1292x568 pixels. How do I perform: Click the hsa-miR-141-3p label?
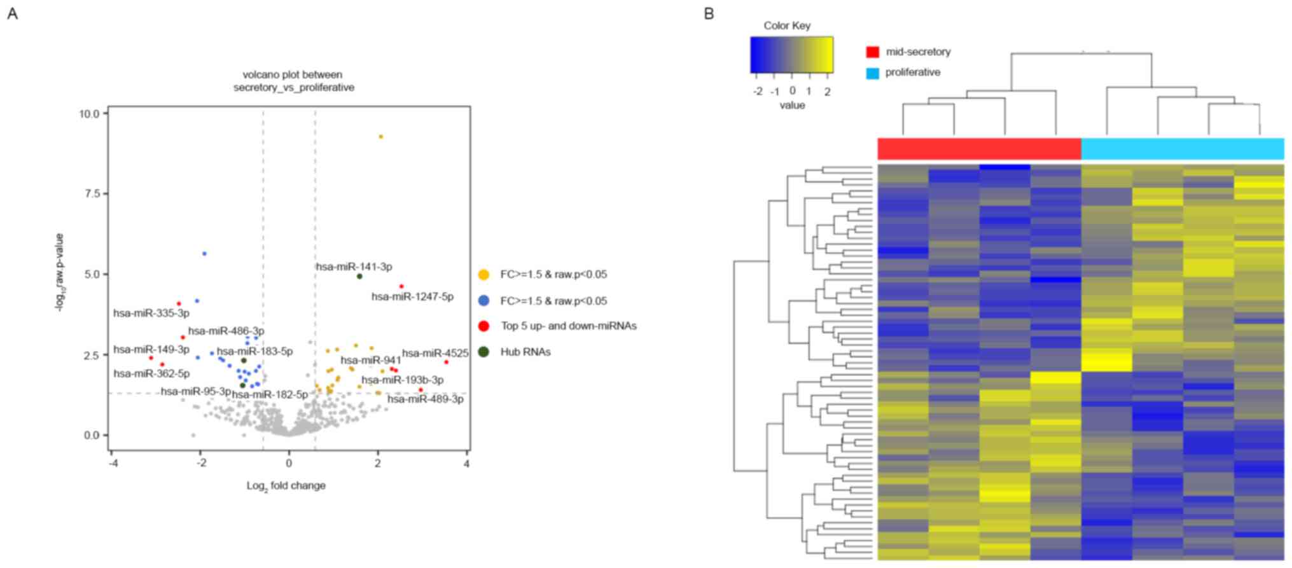click(354, 267)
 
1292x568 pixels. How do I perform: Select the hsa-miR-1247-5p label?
click(412, 297)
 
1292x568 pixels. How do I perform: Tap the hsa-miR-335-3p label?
click(151, 314)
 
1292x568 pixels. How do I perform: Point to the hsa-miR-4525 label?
click(435, 354)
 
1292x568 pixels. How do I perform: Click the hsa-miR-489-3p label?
click(426, 399)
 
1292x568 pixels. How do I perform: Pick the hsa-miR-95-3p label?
click(195, 392)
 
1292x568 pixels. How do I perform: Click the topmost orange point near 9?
click(381, 137)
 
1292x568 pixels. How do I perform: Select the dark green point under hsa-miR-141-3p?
click(359, 277)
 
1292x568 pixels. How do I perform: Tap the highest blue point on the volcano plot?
click(204, 254)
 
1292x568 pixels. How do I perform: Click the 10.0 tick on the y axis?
click(89, 114)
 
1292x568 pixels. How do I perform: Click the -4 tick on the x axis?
click(112, 464)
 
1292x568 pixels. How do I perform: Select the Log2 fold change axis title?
click(286, 486)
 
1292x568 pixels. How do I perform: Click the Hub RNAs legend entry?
click(525, 352)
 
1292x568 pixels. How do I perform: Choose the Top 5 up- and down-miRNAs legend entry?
click(568, 326)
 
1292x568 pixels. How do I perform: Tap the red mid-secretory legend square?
click(873, 52)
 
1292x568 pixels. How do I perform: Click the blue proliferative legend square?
click(873, 73)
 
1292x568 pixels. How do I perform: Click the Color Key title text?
click(787, 26)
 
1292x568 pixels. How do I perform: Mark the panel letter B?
click(709, 13)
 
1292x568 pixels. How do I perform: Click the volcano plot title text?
click(293, 81)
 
